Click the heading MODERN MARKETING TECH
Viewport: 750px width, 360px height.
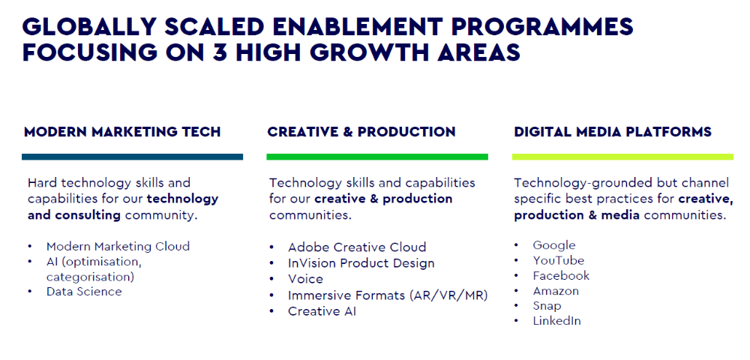[x=122, y=132]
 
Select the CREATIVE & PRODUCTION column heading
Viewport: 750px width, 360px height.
[x=361, y=132]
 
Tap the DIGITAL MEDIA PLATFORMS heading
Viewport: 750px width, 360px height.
[x=613, y=132]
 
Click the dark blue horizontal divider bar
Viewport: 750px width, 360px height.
[x=133, y=157]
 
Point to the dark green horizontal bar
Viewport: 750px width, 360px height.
[x=377, y=157]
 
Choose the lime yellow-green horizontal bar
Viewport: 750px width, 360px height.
[x=622, y=157]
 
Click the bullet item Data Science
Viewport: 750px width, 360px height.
[x=84, y=292]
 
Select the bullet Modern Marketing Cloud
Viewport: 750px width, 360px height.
[x=118, y=246]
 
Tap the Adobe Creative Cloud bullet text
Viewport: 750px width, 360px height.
[x=357, y=247]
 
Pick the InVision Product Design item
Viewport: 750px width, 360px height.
[x=361, y=263]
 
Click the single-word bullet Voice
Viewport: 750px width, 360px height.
[x=305, y=279]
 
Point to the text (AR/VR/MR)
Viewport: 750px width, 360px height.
[x=448, y=295]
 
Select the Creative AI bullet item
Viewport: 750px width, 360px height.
[x=322, y=311]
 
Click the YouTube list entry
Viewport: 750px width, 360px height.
[x=559, y=260]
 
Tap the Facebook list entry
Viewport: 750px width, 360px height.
[x=562, y=276]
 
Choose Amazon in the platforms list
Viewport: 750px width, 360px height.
[x=556, y=291]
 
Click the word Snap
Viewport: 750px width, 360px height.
[x=547, y=306]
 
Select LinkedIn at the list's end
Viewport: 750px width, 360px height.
[x=557, y=321]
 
